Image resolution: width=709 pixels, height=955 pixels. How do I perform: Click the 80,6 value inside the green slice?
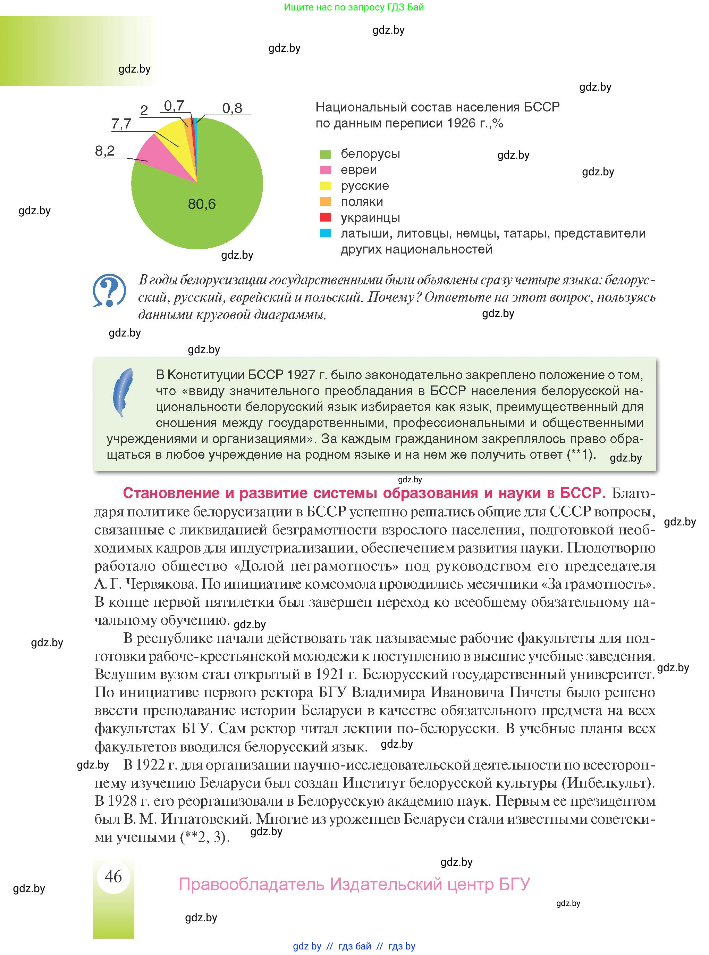pyautogui.click(x=202, y=204)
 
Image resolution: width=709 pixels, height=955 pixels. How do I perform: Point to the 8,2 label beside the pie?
pyautogui.click(x=105, y=151)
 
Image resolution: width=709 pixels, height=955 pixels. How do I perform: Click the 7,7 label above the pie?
pyautogui.click(x=121, y=124)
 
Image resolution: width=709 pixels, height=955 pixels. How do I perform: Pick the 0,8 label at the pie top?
pyautogui.click(x=232, y=108)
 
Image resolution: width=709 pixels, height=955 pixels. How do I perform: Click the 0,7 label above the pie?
pyautogui.click(x=174, y=106)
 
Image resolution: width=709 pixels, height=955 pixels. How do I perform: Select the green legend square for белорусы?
pyautogui.click(x=325, y=154)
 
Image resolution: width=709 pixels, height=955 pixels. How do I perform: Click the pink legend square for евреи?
pyautogui.click(x=325, y=170)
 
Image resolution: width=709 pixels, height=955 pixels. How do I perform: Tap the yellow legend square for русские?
pyautogui.click(x=325, y=186)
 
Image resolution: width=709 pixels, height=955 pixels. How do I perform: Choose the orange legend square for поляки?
pyautogui.click(x=325, y=202)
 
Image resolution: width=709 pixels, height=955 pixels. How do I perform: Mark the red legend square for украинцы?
pyautogui.click(x=325, y=218)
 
